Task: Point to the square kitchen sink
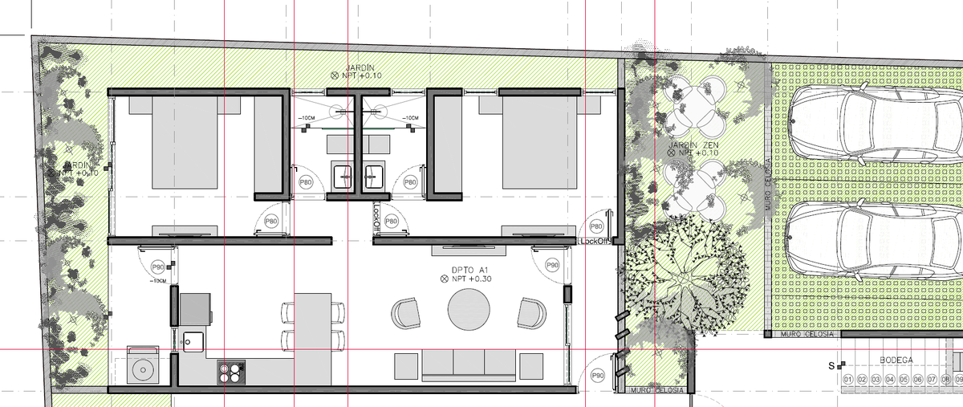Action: coord(192,342)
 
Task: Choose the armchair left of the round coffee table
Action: coord(407,312)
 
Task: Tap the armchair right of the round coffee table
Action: coord(531,312)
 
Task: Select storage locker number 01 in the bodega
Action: coord(847,380)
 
